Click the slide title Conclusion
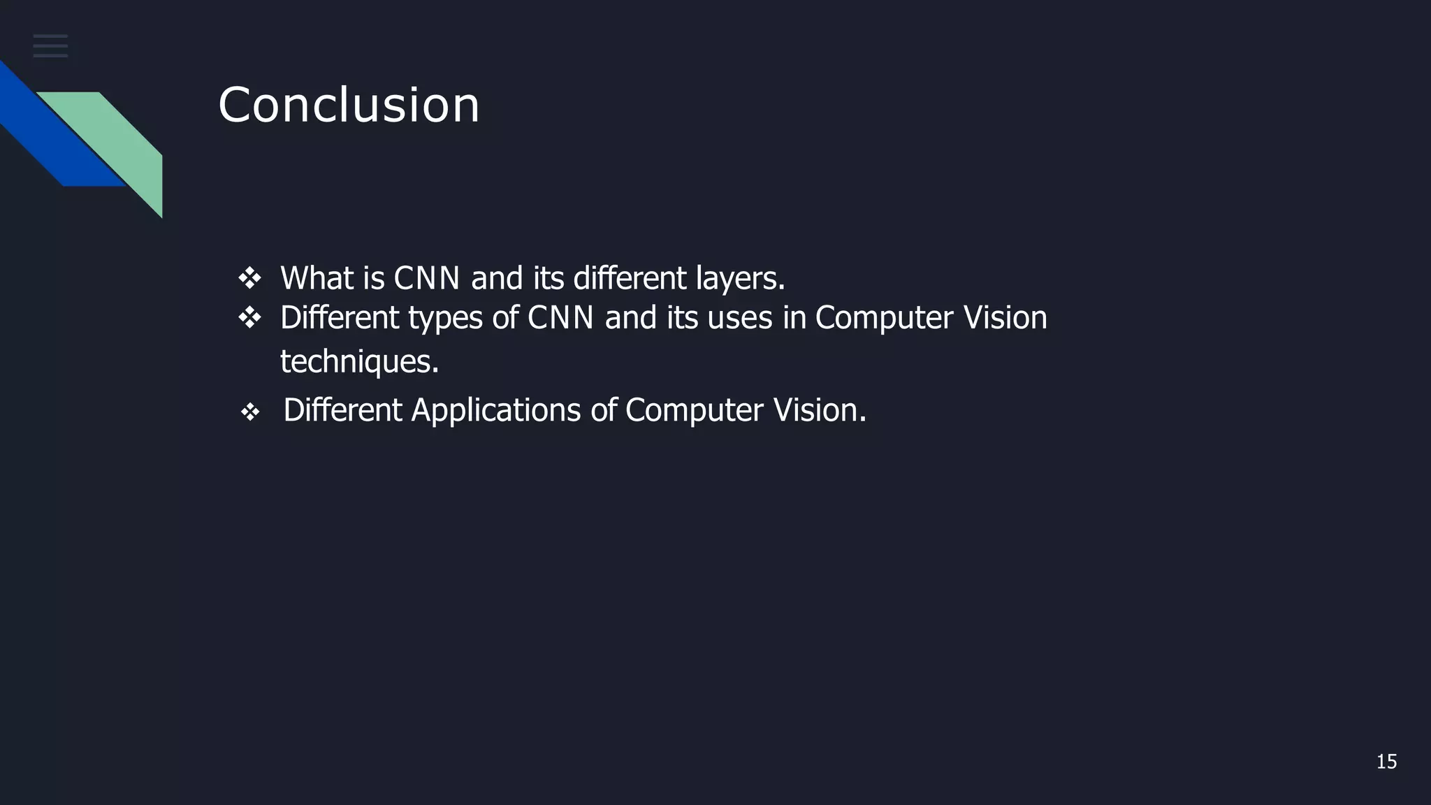349,106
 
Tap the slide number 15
1386,762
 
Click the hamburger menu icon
50,46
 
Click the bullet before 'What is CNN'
249,279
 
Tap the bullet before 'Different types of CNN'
249,319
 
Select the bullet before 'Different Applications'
250,412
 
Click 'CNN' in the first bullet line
426,278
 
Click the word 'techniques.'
359,362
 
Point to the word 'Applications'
495,410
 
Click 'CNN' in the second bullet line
560,318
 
